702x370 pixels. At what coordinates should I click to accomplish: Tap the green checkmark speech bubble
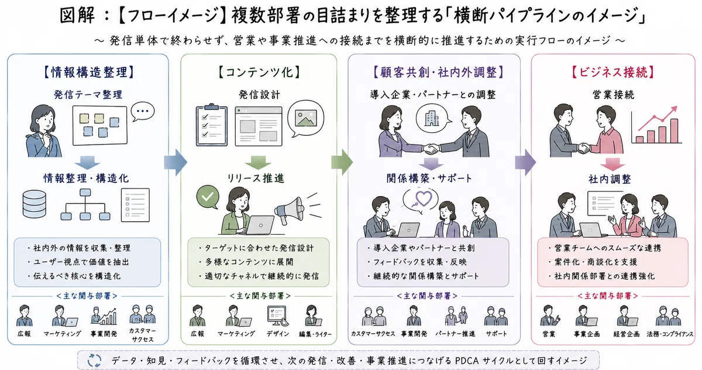click(208, 197)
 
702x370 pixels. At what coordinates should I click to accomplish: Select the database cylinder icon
click(35, 204)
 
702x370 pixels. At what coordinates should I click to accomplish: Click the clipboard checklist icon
click(212, 125)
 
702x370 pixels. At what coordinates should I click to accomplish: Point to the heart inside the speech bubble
click(424, 198)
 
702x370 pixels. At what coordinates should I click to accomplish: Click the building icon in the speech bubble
click(432, 119)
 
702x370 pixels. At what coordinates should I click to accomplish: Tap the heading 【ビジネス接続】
click(613, 73)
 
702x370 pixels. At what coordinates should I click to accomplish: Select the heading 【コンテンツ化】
click(259, 73)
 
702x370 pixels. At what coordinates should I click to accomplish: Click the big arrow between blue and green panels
click(175, 162)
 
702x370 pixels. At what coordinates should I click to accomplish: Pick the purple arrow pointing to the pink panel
click(525, 162)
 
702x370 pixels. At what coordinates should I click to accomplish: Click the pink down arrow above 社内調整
click(612, 165)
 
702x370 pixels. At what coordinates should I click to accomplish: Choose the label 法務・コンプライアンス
click(670, 334)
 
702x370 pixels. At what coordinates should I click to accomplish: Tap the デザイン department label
click(278, 334)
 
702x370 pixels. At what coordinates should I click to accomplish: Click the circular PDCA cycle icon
click(94, 360)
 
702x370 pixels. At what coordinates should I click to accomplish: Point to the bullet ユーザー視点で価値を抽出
click(81, 262)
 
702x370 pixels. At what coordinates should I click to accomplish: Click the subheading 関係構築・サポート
click(429, 179)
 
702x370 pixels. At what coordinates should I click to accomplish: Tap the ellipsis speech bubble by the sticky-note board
click(143, 111)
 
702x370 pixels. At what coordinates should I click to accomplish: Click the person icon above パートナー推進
click(456, 316)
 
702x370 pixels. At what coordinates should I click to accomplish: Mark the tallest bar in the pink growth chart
click(674, 131)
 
